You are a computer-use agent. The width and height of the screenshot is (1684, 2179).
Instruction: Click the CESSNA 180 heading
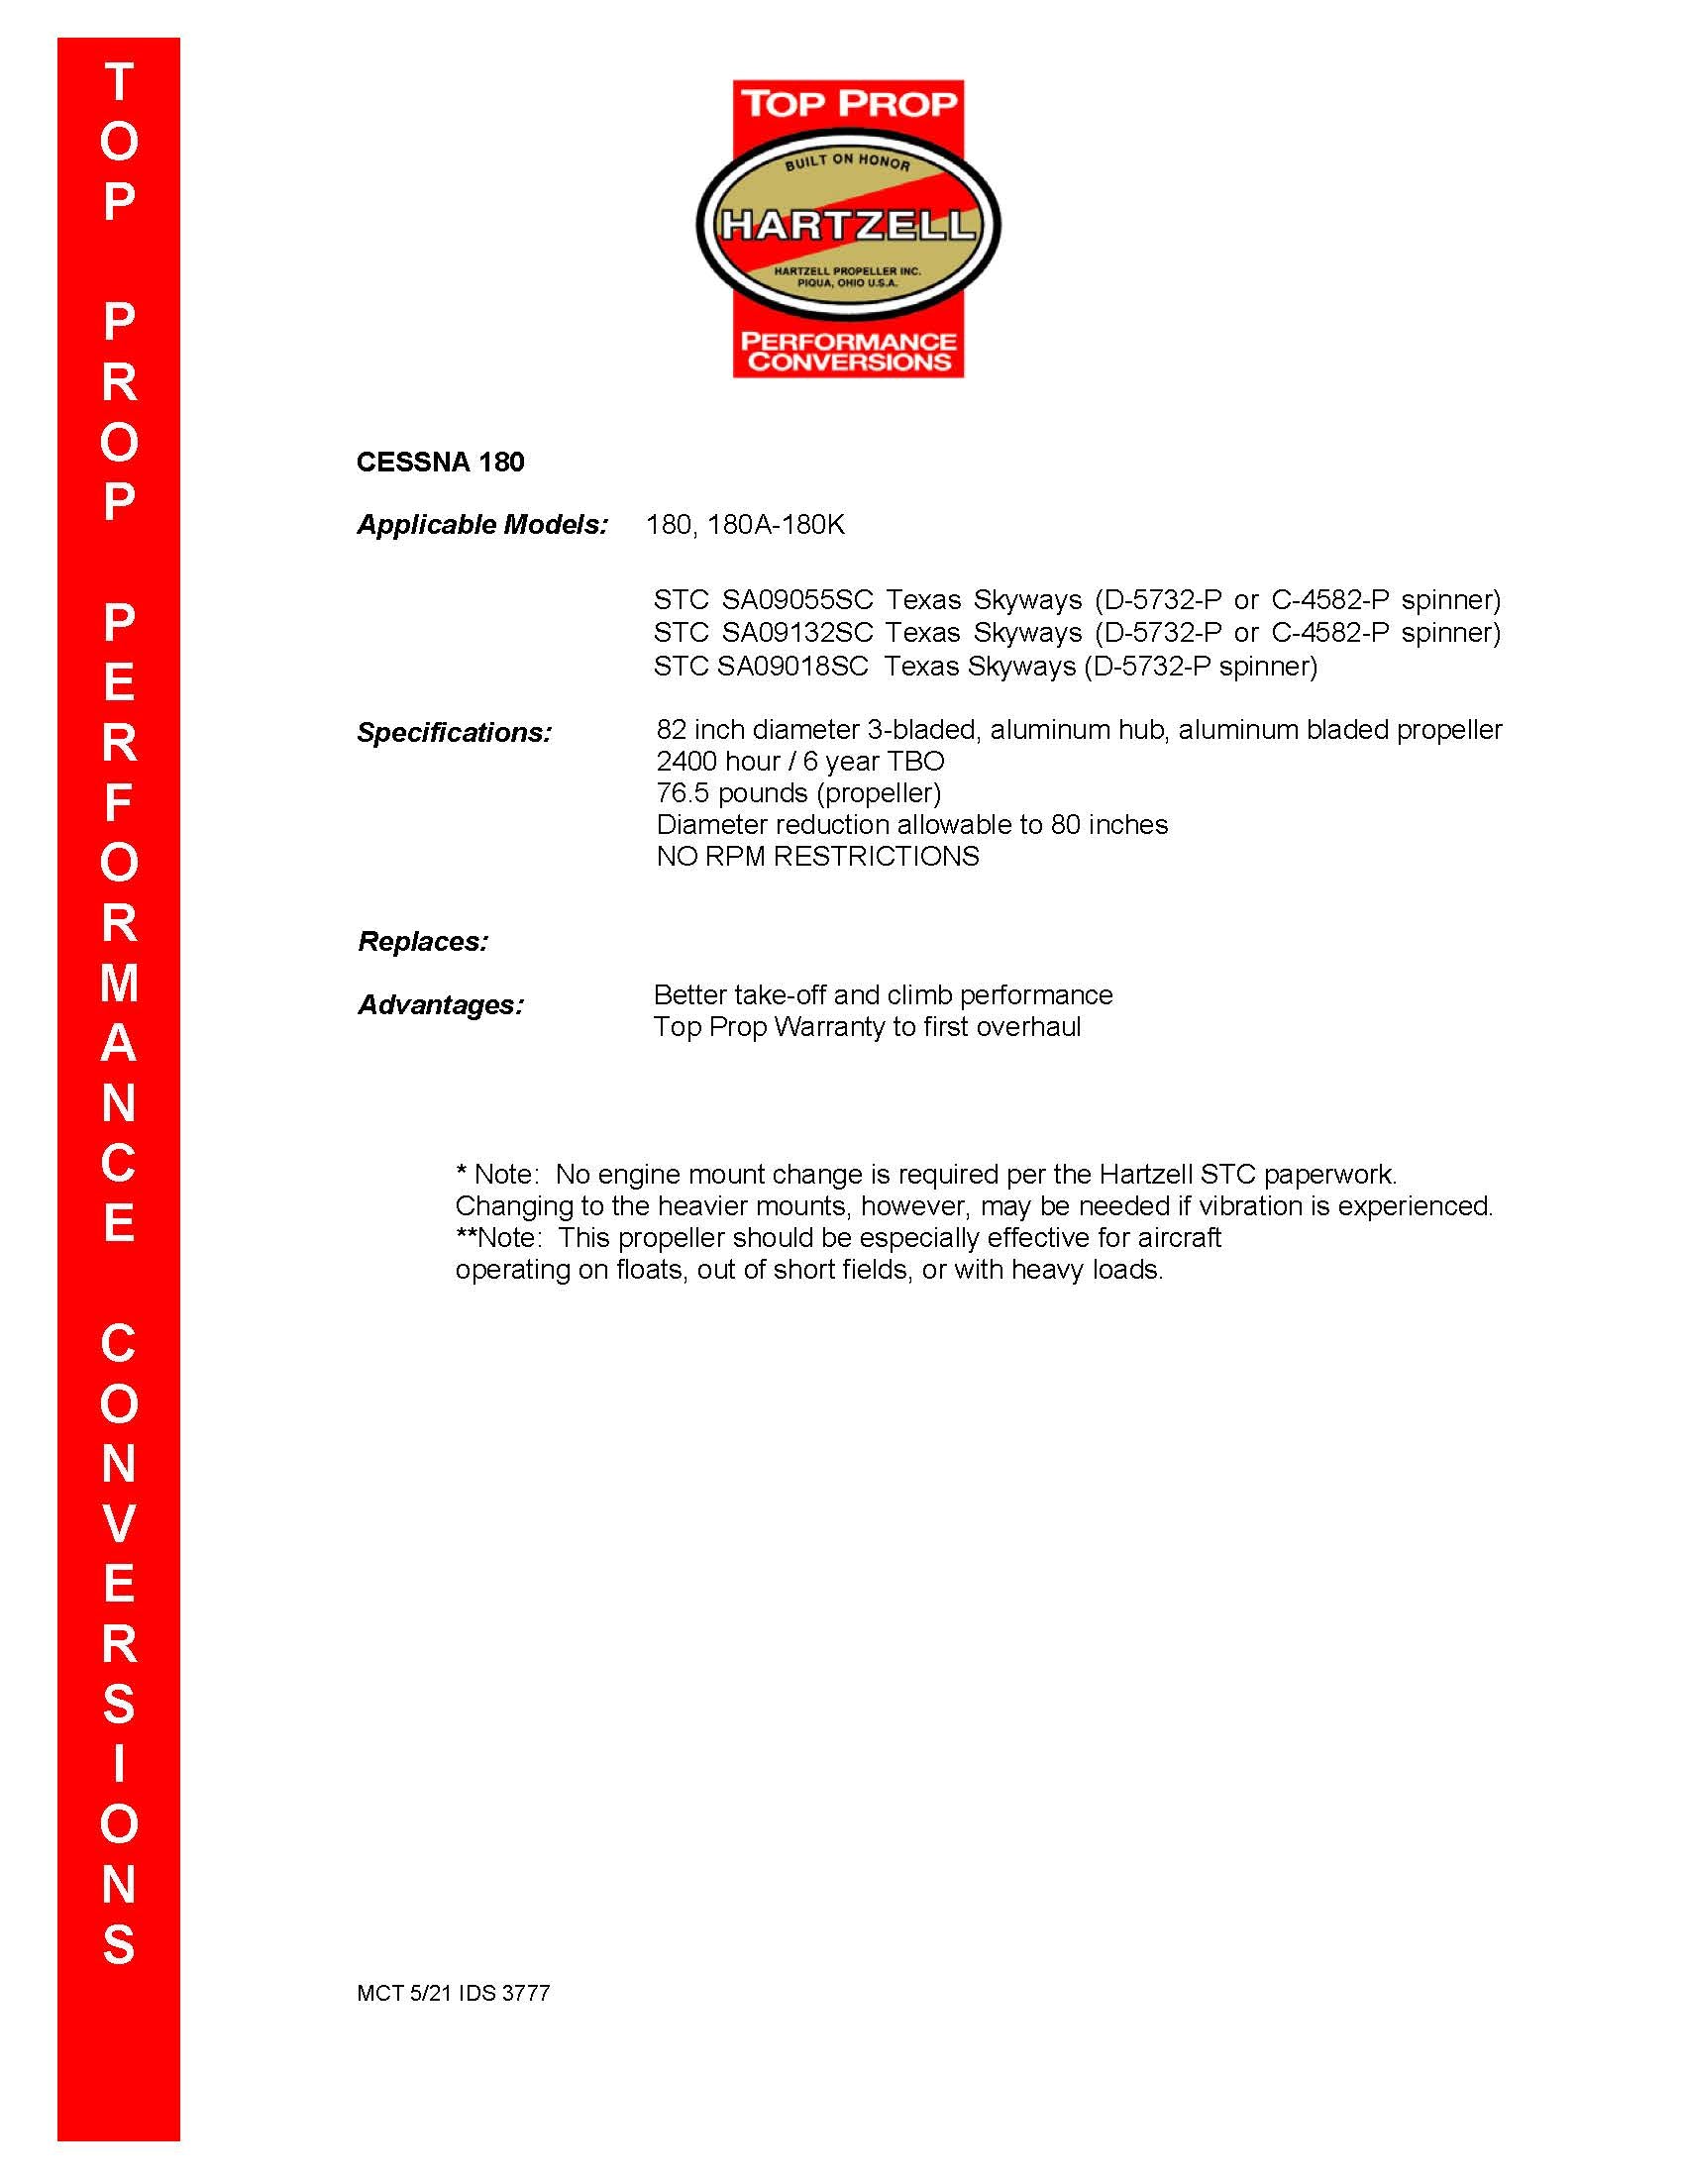point(440,462)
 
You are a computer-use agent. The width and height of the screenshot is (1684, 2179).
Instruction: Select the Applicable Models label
point(481,525)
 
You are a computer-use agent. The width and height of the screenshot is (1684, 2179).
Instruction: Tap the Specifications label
point(454,732)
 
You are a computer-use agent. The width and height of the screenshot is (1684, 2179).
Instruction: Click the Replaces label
point(423,941)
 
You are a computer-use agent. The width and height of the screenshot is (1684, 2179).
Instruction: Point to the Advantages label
point(440,1003)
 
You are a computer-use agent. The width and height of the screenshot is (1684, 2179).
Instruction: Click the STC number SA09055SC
point(797,599)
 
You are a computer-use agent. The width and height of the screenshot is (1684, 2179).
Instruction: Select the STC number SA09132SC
point(797,632)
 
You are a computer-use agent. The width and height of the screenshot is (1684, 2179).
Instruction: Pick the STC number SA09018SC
point(793,666)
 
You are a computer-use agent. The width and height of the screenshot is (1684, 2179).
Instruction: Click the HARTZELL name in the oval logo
point(848,225)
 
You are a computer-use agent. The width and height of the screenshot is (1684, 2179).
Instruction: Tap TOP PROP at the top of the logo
point(848,103)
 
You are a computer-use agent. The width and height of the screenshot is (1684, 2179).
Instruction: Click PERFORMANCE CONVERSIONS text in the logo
point(848,352)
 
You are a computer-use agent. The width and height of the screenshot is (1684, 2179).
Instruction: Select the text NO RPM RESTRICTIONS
point(817,856)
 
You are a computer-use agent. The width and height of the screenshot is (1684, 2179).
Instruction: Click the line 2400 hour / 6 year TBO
point(800,762)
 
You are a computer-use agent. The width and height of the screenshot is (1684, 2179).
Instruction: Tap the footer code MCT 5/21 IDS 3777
point(453,1993)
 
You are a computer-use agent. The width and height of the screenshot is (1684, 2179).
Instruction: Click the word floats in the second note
point(651,1270)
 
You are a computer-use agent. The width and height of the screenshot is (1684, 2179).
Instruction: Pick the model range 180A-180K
point(776,525)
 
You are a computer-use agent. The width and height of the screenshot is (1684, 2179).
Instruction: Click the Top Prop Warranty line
point(867,1027)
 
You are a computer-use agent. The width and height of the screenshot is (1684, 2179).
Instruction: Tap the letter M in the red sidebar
point(119,983)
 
